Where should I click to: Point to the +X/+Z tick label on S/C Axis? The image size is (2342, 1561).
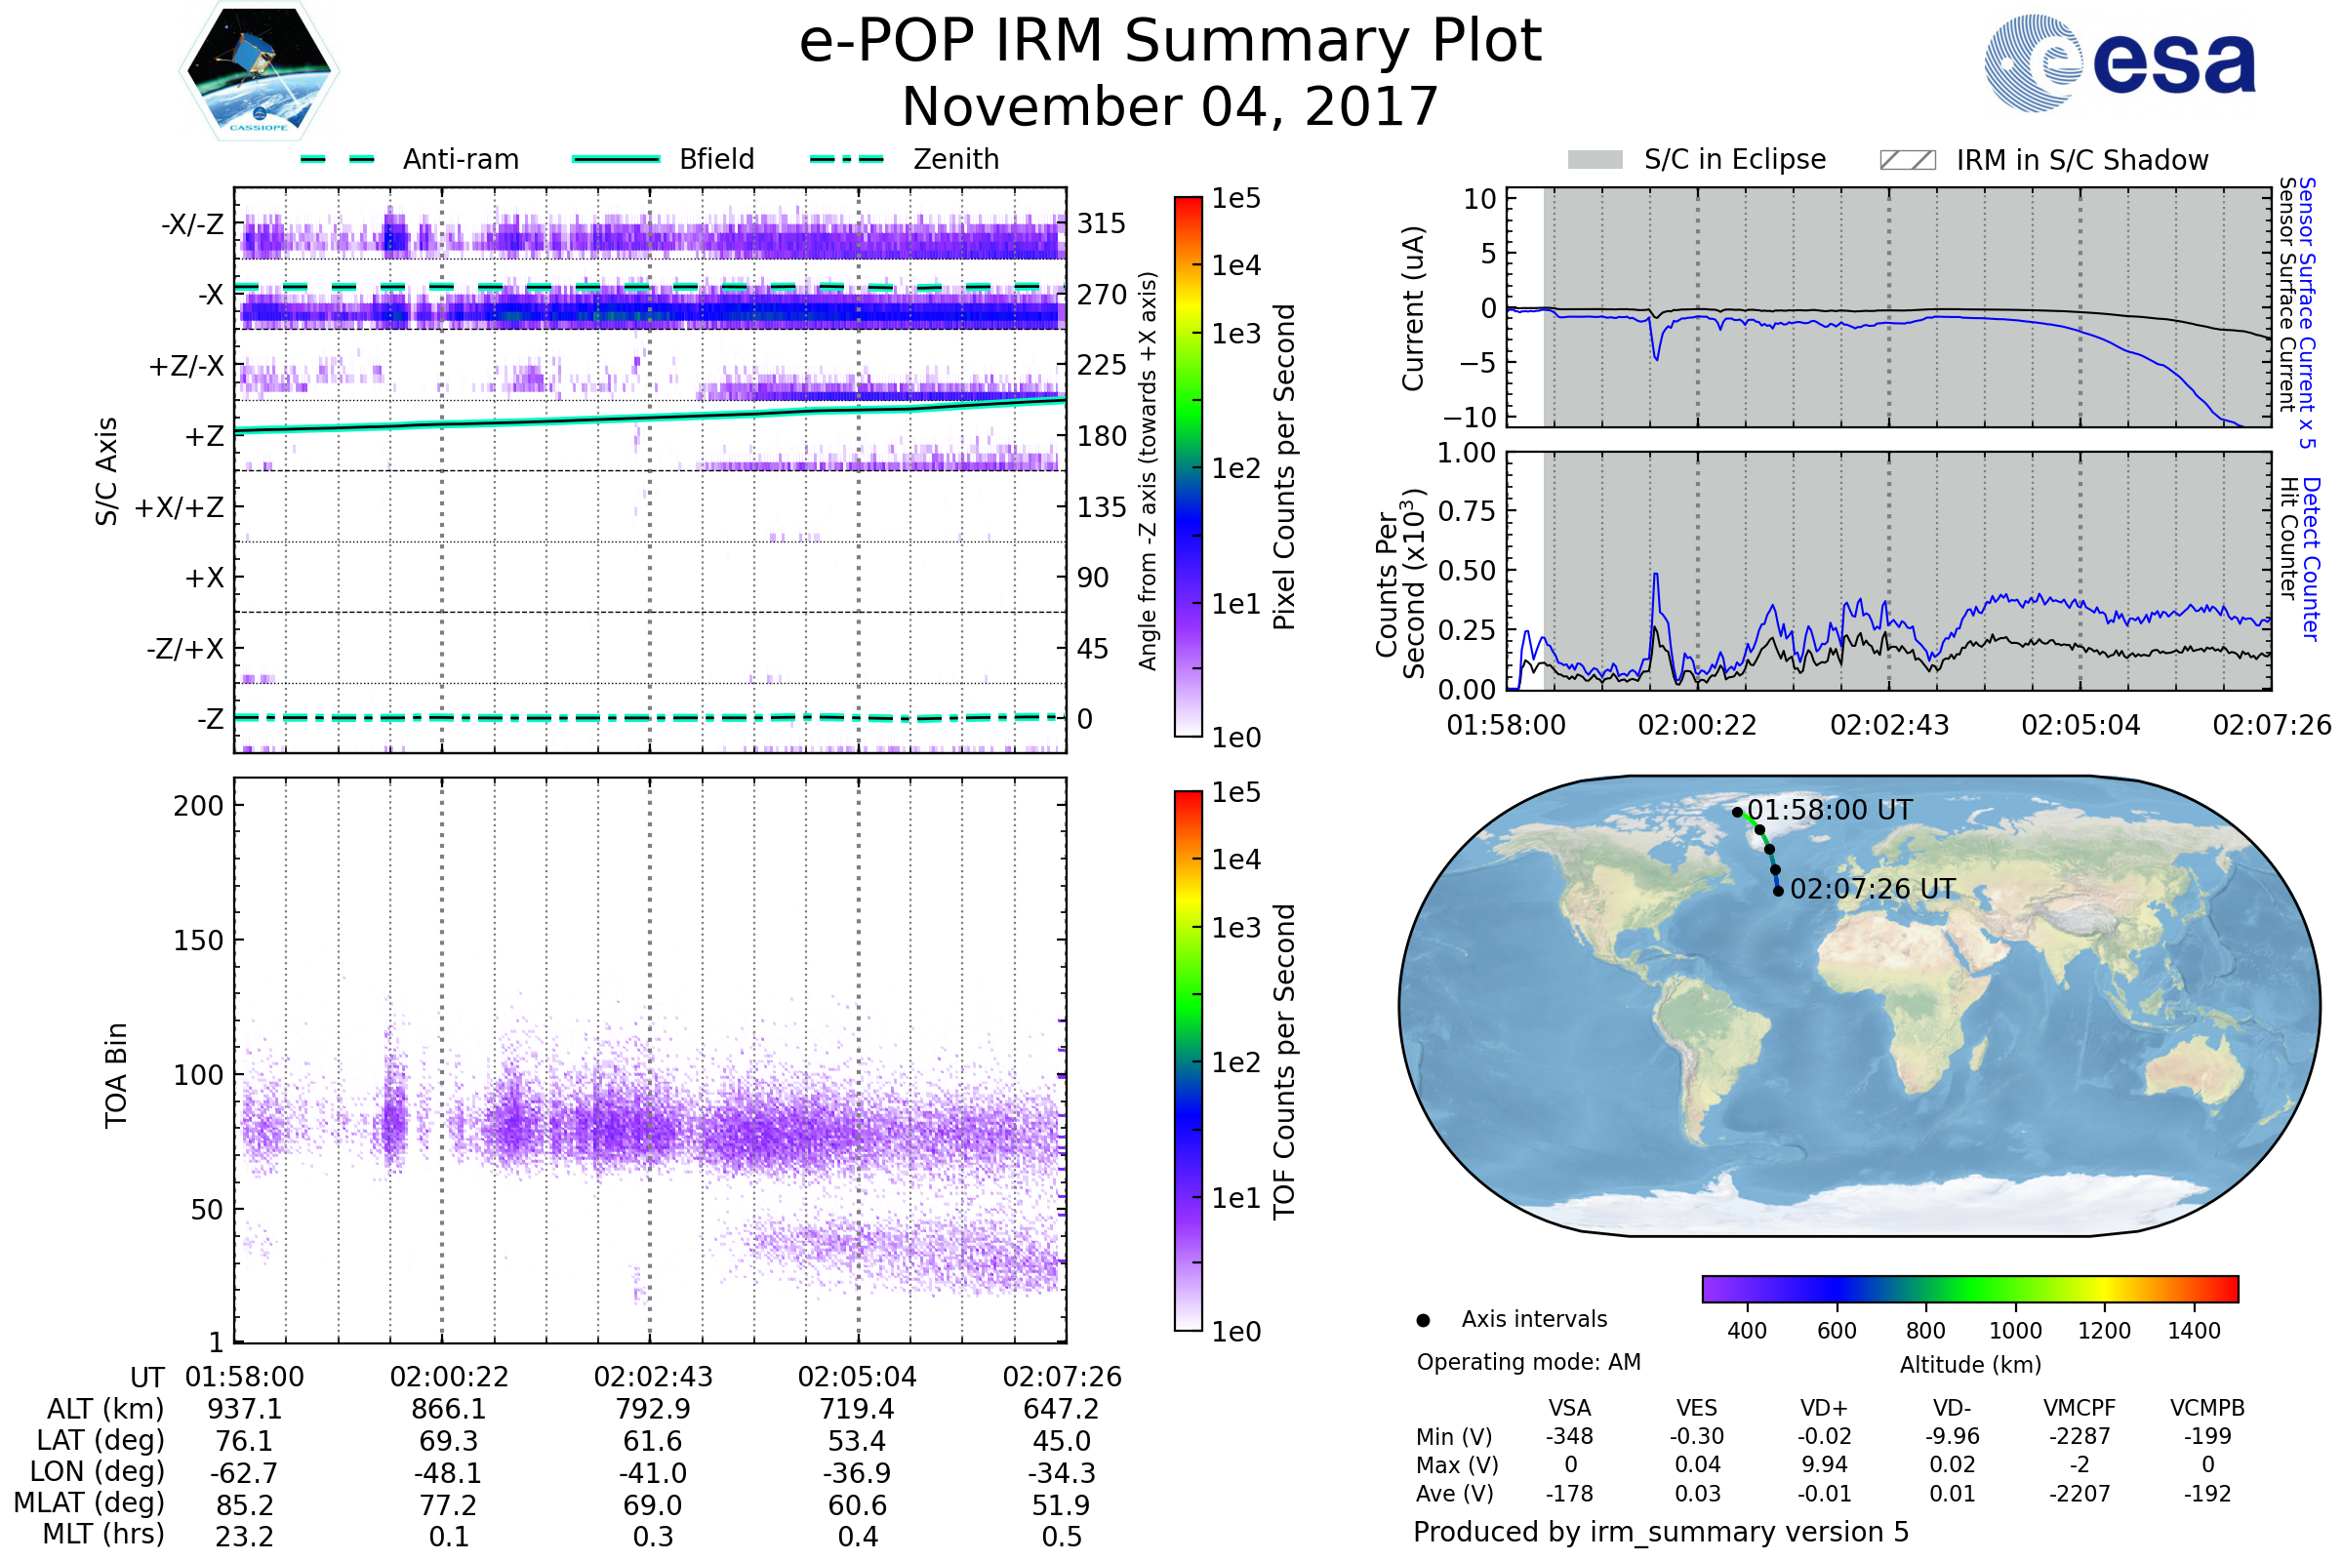(x=180, y=507)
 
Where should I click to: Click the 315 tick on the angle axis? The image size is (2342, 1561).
(x=1101, y=223)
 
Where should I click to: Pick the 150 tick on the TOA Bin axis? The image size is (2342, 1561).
(x=198, y=941)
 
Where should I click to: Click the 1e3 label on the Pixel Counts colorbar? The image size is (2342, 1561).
(x=1235, y=334)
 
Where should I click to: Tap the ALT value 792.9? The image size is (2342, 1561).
(x=653, y=1410)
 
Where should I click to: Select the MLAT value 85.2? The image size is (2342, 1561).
(x=244, y=1505)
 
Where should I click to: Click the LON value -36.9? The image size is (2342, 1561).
(x=858, y=1473)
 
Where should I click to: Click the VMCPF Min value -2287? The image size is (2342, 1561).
(x=2080, y=1436)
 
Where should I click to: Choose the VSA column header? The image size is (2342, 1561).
(x=1569, y=1408)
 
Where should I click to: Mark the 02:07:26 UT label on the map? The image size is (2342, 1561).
(x=1873, y=889)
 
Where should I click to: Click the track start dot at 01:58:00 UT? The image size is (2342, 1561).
(x=1738, y=813)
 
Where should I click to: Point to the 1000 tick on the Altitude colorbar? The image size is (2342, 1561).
(x=2015, y=1331)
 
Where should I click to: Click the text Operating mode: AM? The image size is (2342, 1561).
(x=1528, y=1362)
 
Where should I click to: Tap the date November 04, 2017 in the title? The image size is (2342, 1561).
(x=1170, y=106)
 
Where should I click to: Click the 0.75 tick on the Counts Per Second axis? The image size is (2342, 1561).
(x=1466, y=511)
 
